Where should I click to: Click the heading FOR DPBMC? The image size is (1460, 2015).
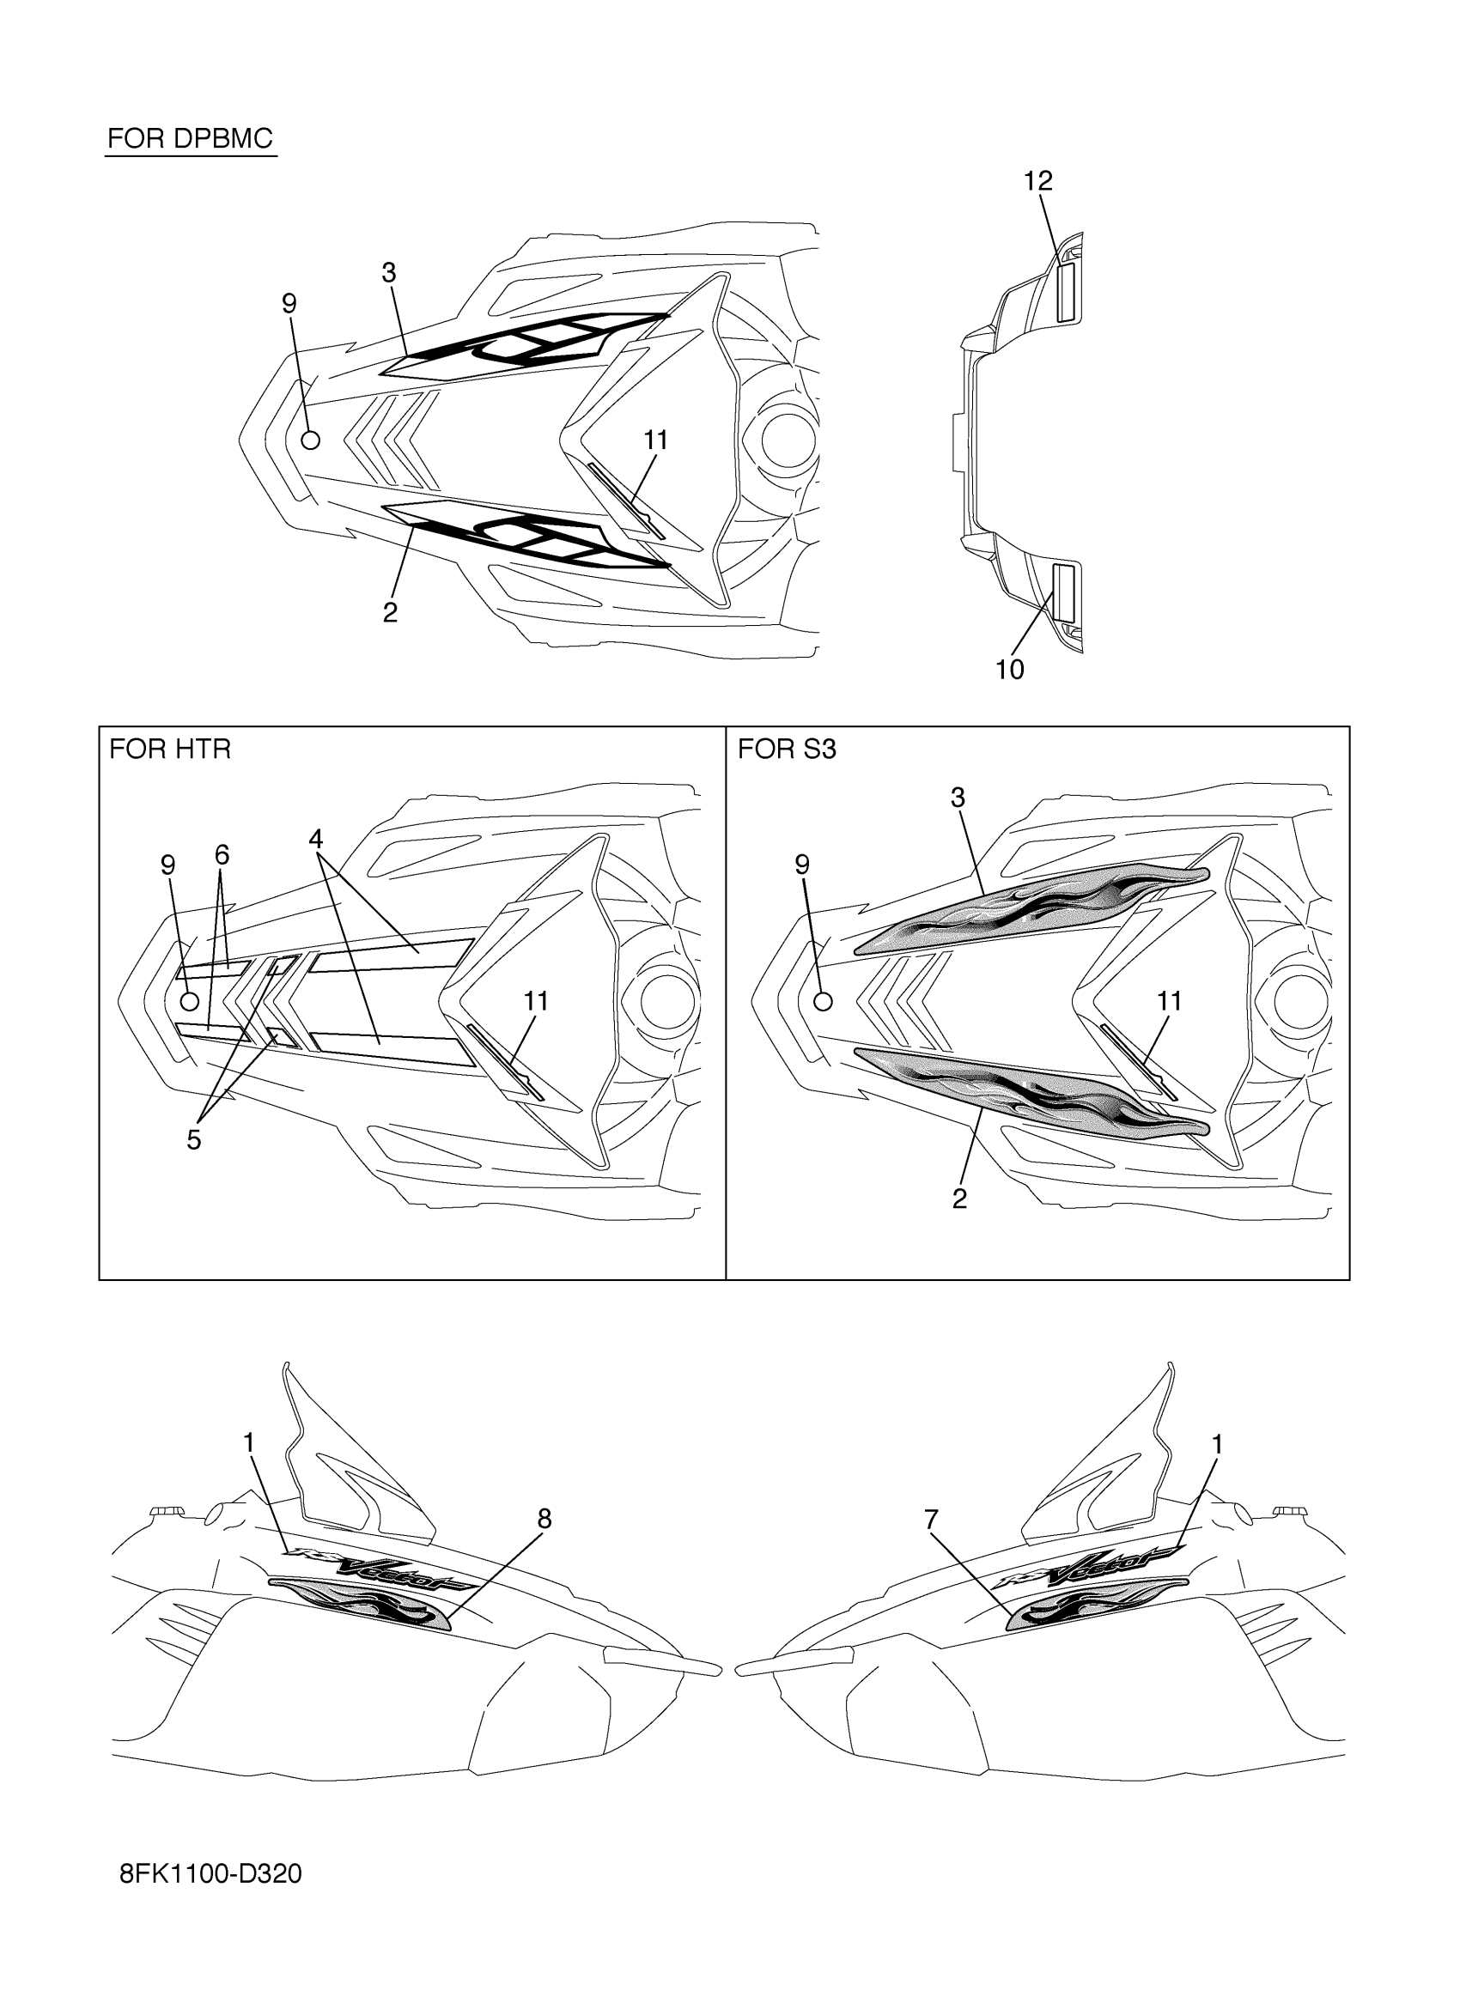[189, 138]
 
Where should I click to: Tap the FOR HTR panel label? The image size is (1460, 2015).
[170, 749]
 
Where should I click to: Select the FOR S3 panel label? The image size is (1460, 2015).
[787, 749]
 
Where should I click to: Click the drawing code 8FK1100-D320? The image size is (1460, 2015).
[210, 1873]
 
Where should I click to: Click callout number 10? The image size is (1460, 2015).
[1009, 670]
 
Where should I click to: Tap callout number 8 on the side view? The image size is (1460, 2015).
[544, 1520]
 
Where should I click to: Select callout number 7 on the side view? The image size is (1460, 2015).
[930, 1520]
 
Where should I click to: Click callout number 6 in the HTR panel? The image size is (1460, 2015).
[222, 855]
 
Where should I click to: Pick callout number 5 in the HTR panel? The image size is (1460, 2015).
[194, 1140]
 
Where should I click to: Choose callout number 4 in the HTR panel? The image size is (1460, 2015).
[315, 838]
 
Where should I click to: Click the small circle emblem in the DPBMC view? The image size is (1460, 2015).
[311, 440]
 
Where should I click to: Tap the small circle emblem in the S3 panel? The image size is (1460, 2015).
[824, 1002]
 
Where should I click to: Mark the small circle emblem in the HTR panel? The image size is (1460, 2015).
[189, 1002]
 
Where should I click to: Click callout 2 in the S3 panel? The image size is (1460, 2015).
[958, 1199]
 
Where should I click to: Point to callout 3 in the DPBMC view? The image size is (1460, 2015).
[388, 273]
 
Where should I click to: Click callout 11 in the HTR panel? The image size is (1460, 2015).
[536, 1001]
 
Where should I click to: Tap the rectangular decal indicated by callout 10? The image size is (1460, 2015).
[1064, 592]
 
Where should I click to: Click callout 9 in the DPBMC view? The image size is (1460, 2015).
[289, 304]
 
